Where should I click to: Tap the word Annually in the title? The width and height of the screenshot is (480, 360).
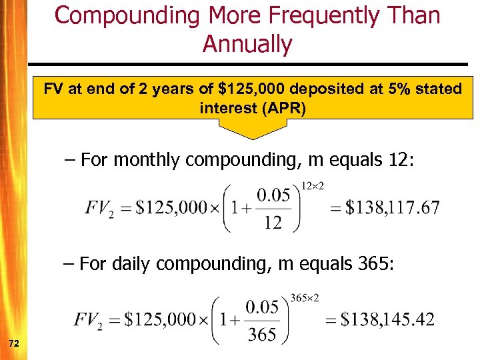click(x=247, y=44)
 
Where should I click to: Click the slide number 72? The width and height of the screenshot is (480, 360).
click(x=13, y=343)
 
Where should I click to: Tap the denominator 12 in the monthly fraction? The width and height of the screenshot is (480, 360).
click(x=273, y=223)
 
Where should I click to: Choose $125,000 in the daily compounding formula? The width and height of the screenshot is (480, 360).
click(x=161, y=319)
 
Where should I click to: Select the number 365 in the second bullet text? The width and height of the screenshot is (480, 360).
click(x=369, y=264)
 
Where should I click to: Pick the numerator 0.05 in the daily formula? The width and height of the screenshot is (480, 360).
click(x=261, y=308)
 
